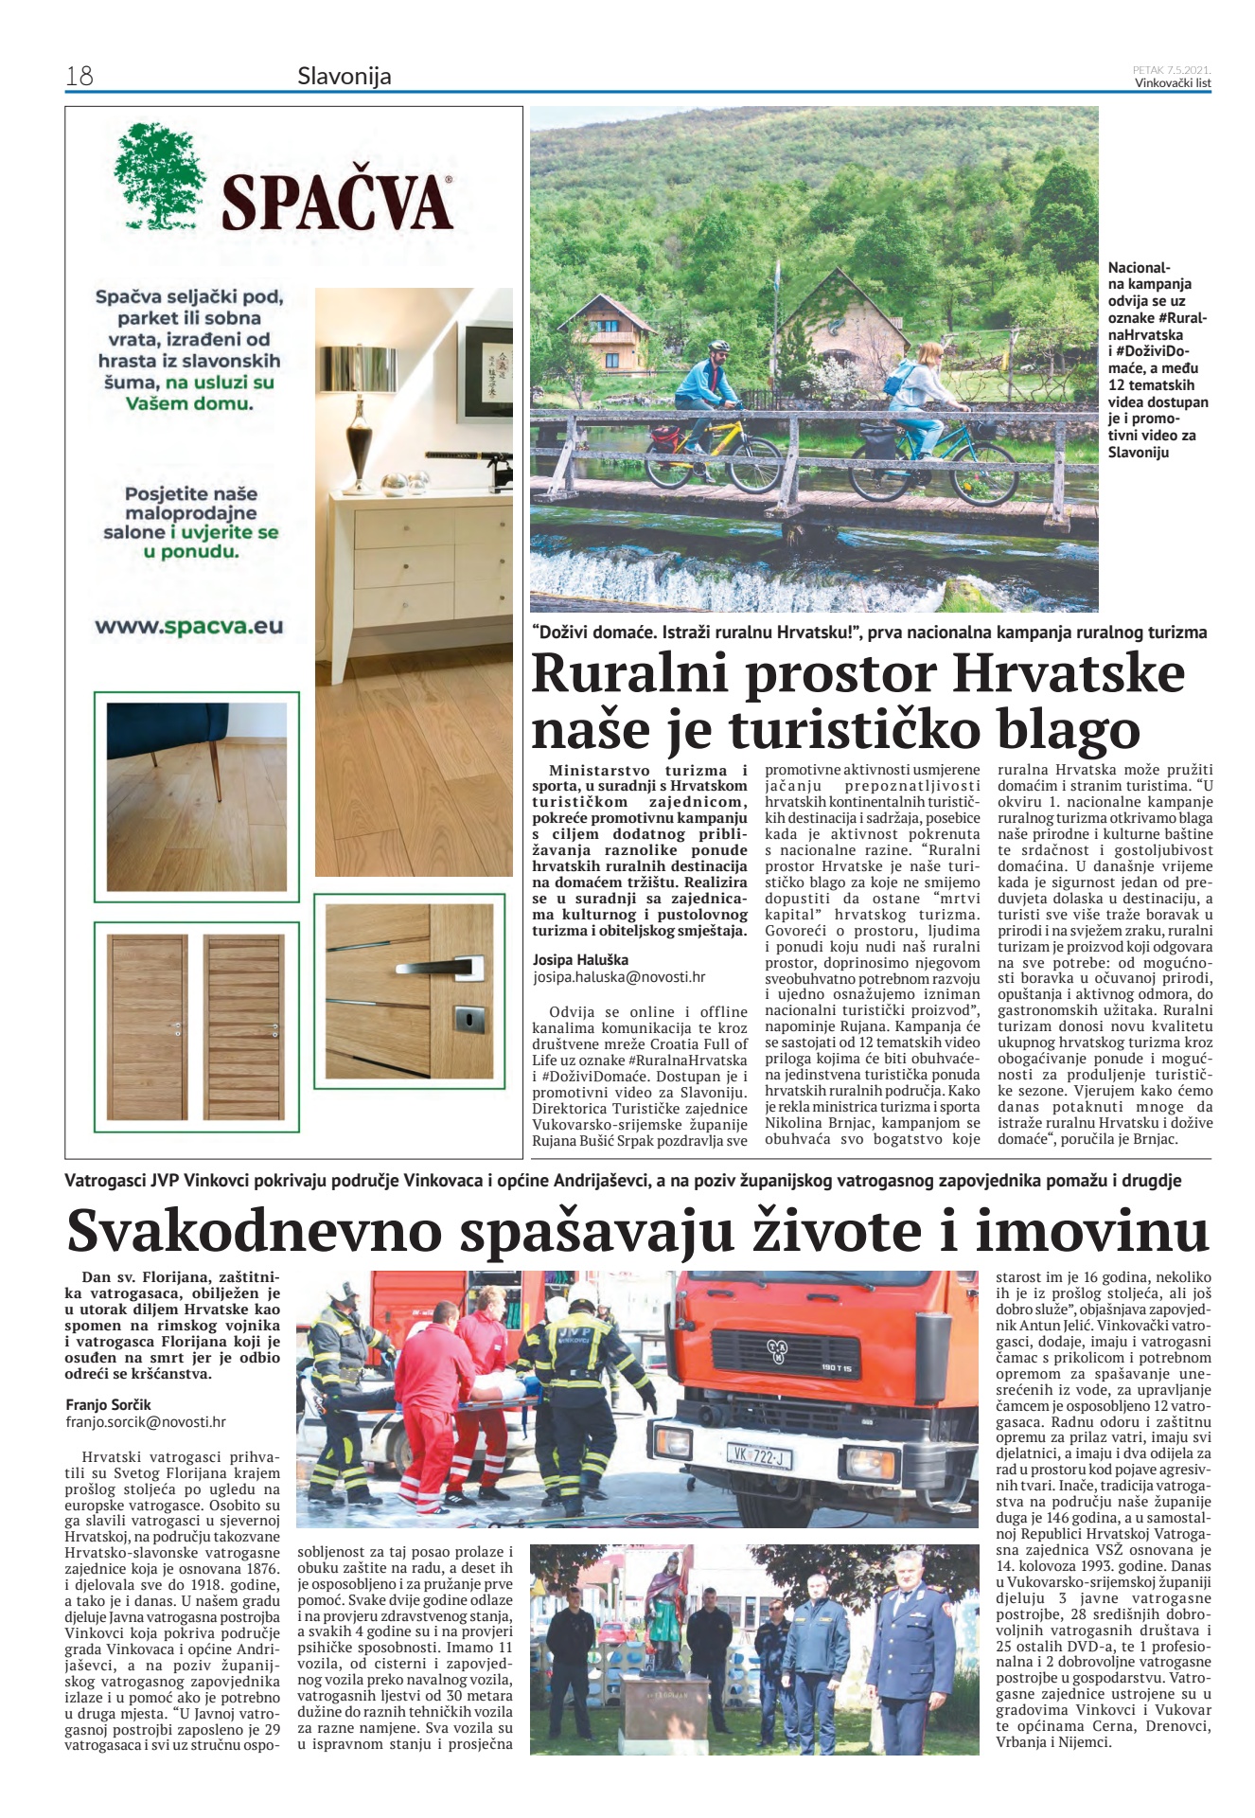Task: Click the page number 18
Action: (x=80, y=76)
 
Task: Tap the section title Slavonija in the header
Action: (x=344, y=76)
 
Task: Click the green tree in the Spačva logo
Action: (x=160, y=176)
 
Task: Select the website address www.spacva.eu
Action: (x=188, y=626)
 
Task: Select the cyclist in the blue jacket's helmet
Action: (x=719, y=348)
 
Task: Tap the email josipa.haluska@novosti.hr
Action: (x=618, y=977)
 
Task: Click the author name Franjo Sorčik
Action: (x=108, y=1404)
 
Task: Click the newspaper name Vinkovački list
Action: (x=1173, y=82)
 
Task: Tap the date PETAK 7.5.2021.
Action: (x=1172, y=69)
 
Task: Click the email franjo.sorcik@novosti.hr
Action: (x=146, y=1421)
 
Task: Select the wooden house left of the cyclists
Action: (x=612, y=333)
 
